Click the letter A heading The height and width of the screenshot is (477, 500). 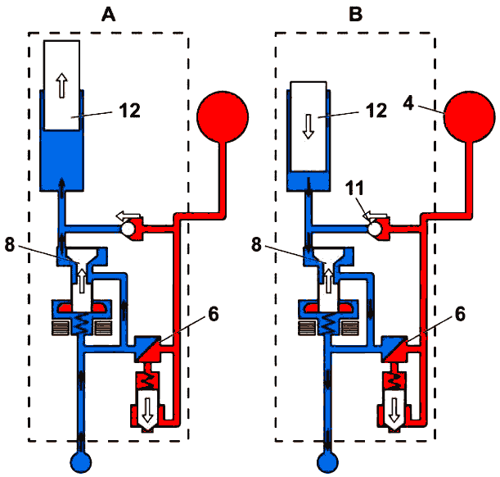click(x=108, y=15)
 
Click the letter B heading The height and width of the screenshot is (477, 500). click(x=355, y=15)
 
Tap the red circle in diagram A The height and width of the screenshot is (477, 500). click(x=223, y=116)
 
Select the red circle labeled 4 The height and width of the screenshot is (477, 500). click(x=470, y=116)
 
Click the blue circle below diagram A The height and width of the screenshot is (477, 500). click(x=81, y=462)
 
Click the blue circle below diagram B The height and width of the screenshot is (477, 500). click(x=328, y=462)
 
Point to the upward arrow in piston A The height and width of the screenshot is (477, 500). click(x=62, y=85)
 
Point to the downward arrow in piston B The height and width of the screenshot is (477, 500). click(x=309, y=126)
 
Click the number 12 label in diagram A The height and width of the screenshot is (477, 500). click(x=130, y=111)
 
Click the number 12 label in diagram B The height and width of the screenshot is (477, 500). click(x=376, y=111)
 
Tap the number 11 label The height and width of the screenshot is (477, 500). click(x=354, y=188)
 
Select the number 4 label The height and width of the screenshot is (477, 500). click(x=408, y=103)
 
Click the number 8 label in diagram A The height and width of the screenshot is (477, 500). click(x=10, y=245)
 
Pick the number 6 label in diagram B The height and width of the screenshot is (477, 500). click(x=460, y=314)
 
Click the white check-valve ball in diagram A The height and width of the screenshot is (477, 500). click(x=127, y=229)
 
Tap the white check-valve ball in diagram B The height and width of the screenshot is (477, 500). click(x=374, y=229)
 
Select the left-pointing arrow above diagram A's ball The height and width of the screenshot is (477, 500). click(x=128, y=216)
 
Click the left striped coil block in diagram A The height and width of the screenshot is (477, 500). click(x=61, y=328)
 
